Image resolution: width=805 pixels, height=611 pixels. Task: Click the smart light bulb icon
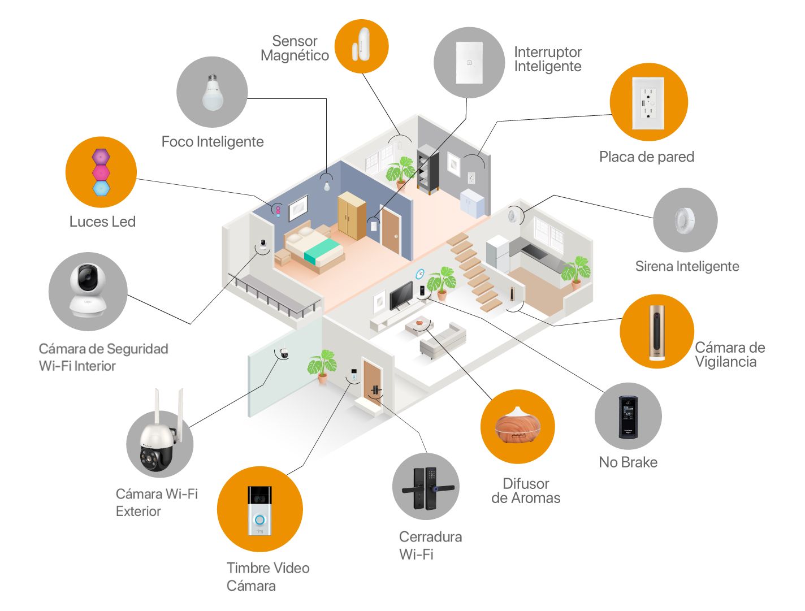point(212,92)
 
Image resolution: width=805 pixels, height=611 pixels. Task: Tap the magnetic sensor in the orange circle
point(361,46)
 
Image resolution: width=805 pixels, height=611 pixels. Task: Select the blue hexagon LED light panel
point(101,188)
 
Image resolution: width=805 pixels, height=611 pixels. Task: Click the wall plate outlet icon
point(648,102)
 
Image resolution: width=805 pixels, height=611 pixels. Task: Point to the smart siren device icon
point(685,220)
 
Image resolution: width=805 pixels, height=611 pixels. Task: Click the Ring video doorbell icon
point(259,510)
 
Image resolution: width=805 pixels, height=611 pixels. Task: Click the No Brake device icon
point(628,417)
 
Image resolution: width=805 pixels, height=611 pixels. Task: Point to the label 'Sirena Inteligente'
point(687,266)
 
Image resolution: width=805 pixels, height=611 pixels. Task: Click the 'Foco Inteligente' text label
point(213,141)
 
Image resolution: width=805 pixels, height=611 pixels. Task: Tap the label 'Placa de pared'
point(647,157)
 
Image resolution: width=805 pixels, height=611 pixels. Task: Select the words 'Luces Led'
point(102,222)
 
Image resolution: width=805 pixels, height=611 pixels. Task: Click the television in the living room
point(401,294)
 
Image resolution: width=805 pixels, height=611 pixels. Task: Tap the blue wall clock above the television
point(420,274)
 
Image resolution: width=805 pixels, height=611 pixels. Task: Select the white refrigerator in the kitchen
point(497,254)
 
